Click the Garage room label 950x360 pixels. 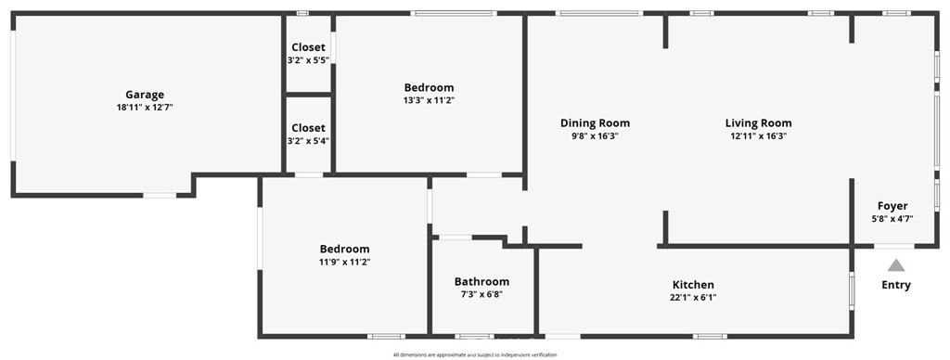coord(145,95)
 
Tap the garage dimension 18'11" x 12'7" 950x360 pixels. coord(145,108)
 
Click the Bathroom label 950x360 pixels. coord(481,282)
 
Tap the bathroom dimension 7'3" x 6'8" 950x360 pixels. coord(481,294)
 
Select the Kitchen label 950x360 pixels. coord(693,284)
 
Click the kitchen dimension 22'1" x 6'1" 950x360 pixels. coord(693,297)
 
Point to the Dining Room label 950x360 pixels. coord(595,123)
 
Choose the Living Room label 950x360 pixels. coord(759,123)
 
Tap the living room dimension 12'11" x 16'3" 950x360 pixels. coord(759,135)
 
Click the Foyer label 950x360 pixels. coord(893,206)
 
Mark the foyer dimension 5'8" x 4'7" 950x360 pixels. coord(893,219)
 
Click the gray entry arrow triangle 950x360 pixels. coord(896,265)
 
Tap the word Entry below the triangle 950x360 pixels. coord(896,285)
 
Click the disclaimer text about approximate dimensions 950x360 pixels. coord(475,355)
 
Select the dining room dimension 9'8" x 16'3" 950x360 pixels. coord(595,135)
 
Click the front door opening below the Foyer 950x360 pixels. coord(894,246)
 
